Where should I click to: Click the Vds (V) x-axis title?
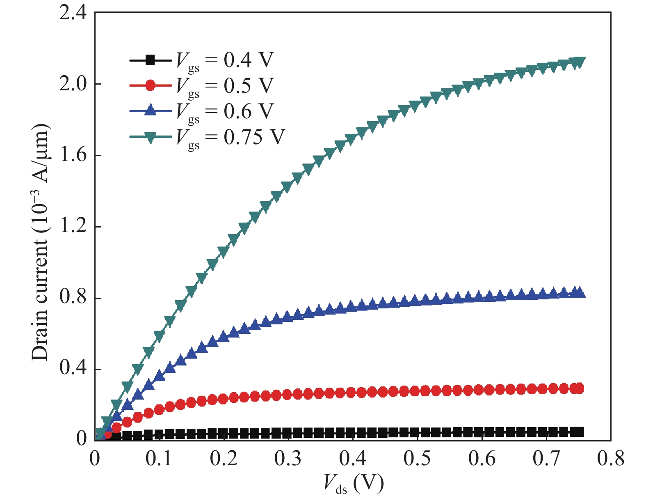[354, 483]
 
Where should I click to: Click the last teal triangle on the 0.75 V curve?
[579, 62]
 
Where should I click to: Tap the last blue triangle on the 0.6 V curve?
[579, 292]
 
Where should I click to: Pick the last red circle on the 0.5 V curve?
[579, 388]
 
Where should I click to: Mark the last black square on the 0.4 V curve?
[579, 432]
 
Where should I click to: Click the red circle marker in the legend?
[151, 85]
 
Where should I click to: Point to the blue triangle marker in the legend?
[151, 111]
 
